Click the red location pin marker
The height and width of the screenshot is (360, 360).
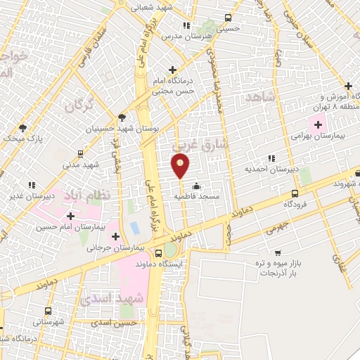(181, 165)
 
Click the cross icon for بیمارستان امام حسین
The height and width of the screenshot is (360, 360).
(70, 215)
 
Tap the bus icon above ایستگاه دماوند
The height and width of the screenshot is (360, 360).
(157, 252)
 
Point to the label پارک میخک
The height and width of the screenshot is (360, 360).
(22, 139)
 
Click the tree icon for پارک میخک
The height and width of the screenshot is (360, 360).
(22, 127)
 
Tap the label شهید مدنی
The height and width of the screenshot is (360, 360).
(81, 164)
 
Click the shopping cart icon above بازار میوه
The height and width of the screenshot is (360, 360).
(278, 252)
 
